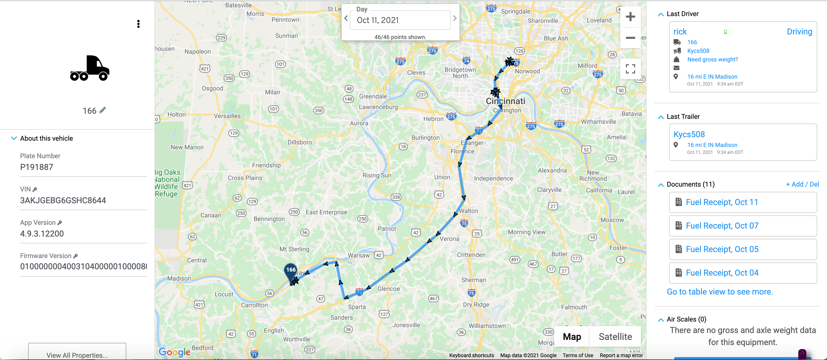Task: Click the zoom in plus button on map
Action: point(630,17)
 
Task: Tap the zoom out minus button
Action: point(630,38)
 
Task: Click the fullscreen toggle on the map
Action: point(630,69)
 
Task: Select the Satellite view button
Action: point(615,336)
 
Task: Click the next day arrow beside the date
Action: point(455,19)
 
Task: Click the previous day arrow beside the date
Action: point(346,19)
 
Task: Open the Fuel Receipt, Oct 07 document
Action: point(722,226)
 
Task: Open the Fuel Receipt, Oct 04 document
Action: point(722,273)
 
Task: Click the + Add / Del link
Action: point(802,184)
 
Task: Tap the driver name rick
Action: point(680,32)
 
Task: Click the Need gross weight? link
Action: point(712,59)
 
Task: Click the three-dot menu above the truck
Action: point(138,24)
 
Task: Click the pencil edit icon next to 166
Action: point(103,110)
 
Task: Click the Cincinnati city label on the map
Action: point(505,101)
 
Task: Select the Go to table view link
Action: point(719,292)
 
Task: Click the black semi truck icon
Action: point(90,68)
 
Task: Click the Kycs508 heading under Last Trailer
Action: point(689,134)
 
